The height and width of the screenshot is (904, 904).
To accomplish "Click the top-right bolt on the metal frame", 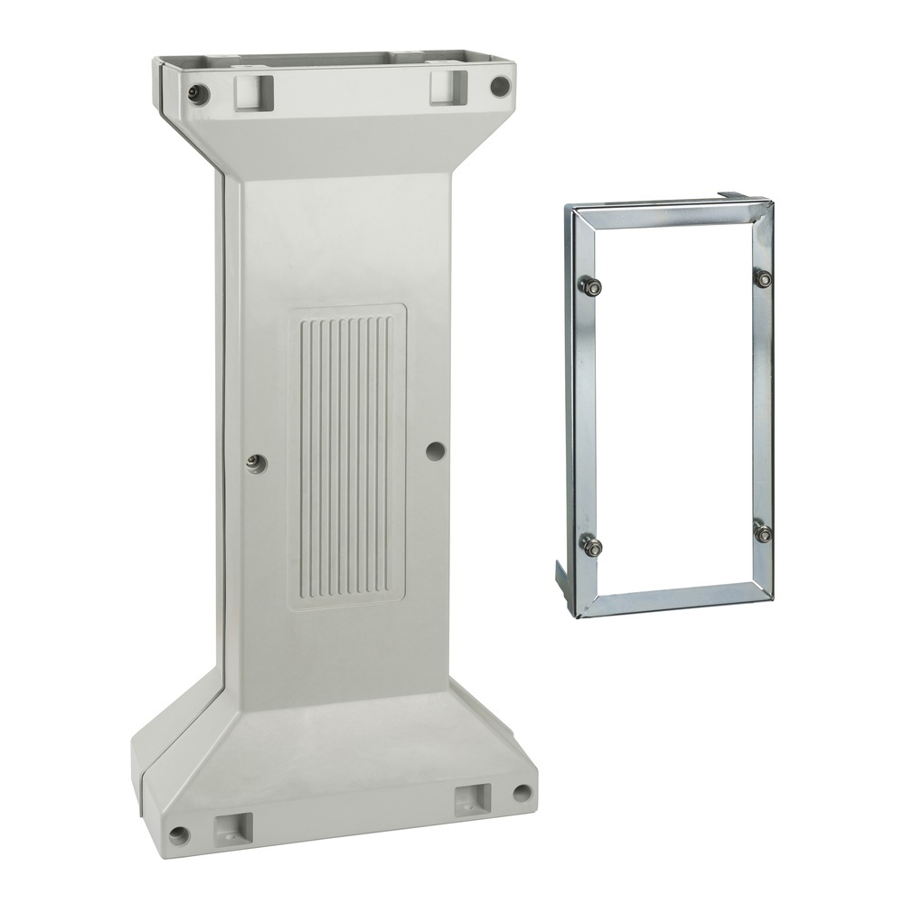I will point(764,278).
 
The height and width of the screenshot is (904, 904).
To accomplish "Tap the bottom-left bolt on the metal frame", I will point(593,545).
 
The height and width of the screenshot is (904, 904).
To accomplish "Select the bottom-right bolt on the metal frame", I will point(764,533).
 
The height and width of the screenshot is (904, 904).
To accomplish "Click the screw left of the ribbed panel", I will point(254,463).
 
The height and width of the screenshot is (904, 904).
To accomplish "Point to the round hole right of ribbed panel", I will point(435,449).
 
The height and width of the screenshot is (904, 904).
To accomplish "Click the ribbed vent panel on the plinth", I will point(347,457).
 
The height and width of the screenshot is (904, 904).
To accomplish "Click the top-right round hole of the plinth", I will point(499,87).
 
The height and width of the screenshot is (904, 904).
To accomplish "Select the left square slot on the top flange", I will point(252,90).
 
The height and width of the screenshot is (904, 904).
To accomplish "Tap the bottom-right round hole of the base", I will point(522,793).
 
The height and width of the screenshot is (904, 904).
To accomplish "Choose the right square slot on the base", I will point(472,798).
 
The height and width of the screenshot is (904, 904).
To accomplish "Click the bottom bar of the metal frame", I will point(673,599).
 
